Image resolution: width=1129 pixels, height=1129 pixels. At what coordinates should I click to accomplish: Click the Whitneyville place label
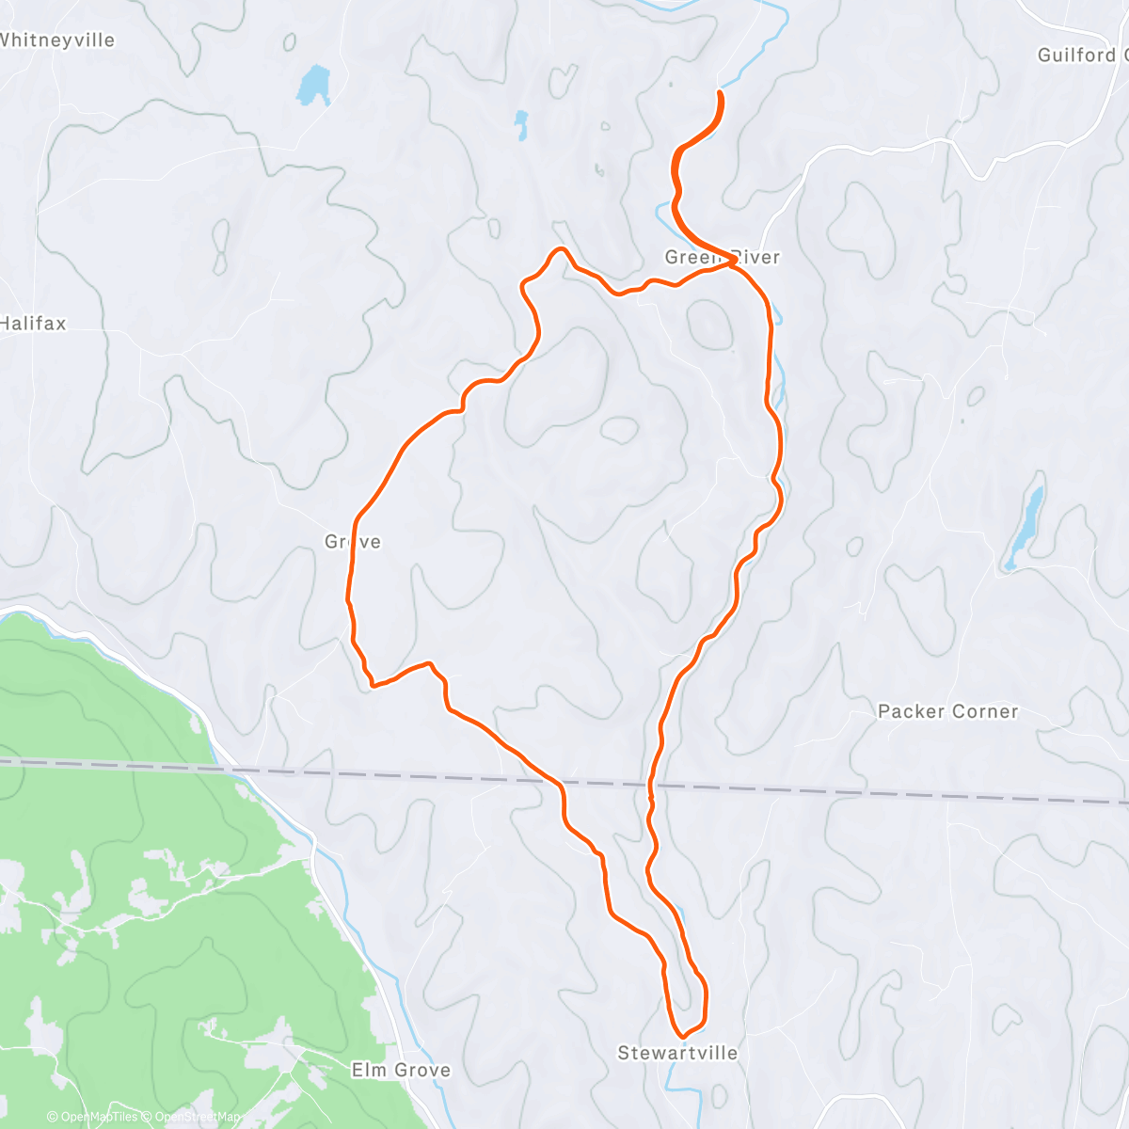56,40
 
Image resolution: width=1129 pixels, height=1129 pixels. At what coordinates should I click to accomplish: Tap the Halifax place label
33,324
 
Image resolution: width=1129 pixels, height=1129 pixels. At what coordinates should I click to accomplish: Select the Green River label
723,257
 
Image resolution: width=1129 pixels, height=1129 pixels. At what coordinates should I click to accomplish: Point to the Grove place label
353,542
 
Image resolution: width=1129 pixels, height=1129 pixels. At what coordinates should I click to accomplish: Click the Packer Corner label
947,711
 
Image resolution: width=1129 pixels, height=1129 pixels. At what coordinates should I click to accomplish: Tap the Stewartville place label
677,1053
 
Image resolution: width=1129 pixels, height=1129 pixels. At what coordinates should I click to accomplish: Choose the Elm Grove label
401,1070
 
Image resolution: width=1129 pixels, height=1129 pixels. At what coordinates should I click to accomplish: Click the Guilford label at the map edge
1082,56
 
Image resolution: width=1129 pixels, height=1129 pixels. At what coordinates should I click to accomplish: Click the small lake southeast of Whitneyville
313,85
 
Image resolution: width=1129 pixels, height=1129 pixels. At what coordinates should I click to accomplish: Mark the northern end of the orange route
721,92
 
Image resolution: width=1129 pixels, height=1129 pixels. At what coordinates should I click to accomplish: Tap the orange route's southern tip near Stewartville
683,1037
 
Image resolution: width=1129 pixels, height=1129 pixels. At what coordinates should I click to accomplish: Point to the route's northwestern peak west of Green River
560,249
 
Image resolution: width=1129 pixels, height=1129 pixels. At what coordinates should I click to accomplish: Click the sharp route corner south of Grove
373,686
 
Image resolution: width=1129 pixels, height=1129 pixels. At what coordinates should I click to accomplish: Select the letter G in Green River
672,257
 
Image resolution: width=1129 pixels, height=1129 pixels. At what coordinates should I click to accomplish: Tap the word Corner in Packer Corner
982,711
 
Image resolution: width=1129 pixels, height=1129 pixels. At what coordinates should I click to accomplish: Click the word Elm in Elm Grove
368,1070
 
